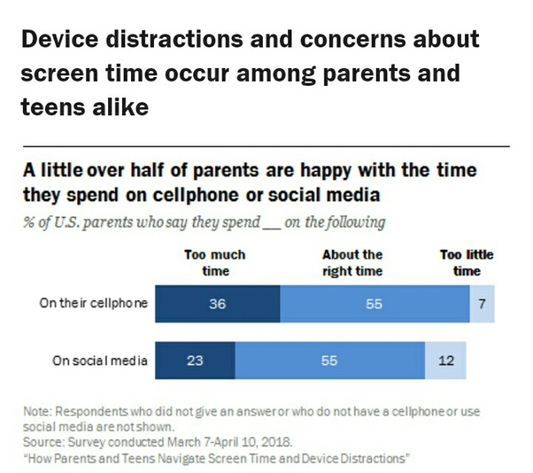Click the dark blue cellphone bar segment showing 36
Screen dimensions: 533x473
click(218, 304)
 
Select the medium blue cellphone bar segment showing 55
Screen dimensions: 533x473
click(375, 304)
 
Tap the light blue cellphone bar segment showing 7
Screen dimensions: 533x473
click(482, 304)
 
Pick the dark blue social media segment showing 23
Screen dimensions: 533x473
click(195, 361)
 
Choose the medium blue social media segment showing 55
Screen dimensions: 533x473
click(330, 361)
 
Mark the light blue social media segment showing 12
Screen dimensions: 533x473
click(445, 361)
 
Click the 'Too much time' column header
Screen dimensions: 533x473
click(215, 263)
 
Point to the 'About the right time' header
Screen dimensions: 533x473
click(352, 263)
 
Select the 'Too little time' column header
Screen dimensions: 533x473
click(467, 263)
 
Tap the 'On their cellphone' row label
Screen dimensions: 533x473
click(94, 303)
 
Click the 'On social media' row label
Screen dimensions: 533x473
click(100, 361)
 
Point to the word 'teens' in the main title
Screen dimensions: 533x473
click(53, 107)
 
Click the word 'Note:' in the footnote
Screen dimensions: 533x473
click(37, 412)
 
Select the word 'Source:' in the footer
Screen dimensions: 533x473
click(43, 442)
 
